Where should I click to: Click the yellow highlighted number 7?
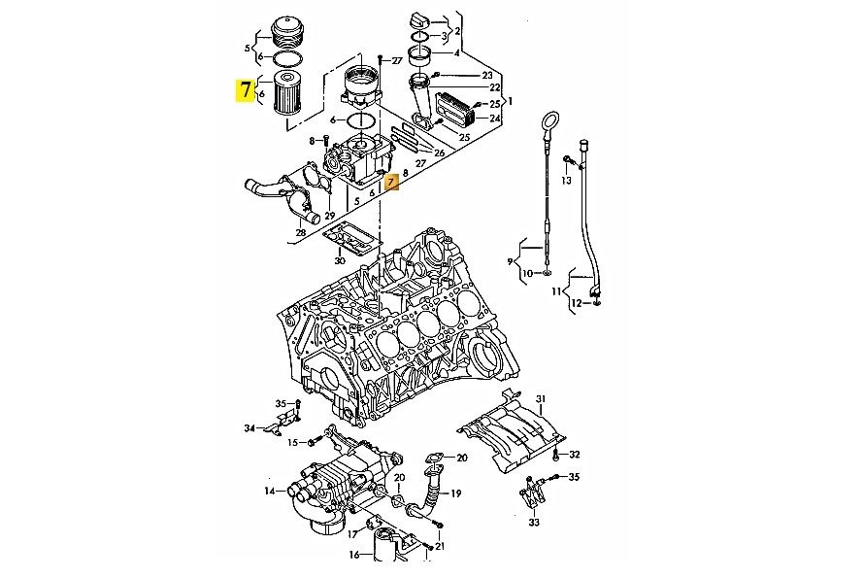coord(246,91)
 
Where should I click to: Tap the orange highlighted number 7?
coord(391,182)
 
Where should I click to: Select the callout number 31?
coord(541,398)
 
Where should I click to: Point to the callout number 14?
coord(270,491)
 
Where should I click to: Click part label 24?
coord(495,118)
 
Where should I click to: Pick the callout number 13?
coord(566,181)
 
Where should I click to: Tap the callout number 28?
coord(300,233)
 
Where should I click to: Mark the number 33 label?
coord(534,522)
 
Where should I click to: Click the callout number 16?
coord(354,555)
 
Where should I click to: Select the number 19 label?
coord(456,493)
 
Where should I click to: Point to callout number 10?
coord(527,273)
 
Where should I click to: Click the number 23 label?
coord(487,75)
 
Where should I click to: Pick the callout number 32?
coord(575,455)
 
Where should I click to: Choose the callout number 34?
coord(250,427)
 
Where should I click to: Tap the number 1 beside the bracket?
coord(511,101)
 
